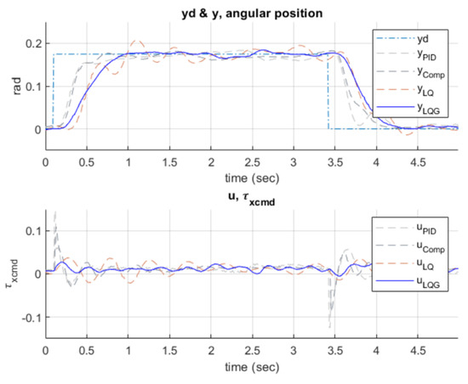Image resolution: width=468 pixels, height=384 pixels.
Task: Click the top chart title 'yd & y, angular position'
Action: [251, 10]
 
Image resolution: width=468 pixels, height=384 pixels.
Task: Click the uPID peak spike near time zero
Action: [55, 212]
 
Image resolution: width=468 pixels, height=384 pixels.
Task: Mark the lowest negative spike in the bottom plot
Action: [328, 326]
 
